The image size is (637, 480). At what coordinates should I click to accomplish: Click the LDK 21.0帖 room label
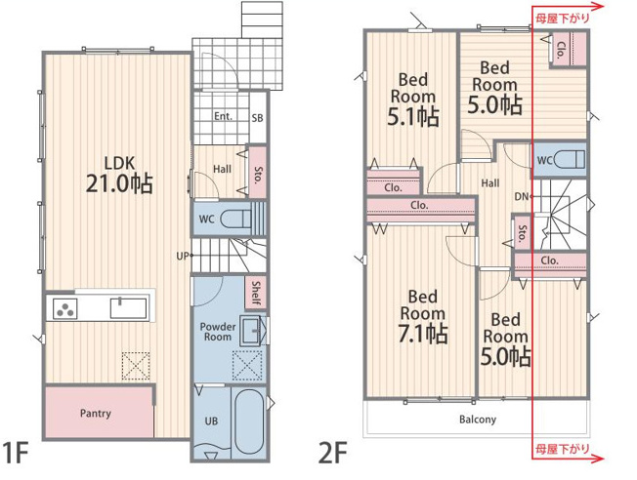coord(119,174)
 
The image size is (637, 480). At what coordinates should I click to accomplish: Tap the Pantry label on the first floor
coord(96,414)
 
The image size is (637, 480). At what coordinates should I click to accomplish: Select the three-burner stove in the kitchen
coord(65,308)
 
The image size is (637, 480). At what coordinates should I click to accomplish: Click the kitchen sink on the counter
coord(128,308)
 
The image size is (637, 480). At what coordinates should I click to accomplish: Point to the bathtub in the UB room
coord(249,422)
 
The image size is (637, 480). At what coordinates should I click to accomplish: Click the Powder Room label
coord(218,332)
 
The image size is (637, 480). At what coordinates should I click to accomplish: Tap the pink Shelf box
coord(256,293)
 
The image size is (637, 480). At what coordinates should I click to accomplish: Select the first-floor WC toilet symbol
coord(235,220)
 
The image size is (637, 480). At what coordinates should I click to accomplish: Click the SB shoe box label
coord(257,118)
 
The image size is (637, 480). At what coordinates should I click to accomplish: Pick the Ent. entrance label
coord(224,116)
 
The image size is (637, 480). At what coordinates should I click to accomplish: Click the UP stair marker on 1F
coord(184,256)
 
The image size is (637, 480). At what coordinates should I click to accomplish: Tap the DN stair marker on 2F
coord(524,197)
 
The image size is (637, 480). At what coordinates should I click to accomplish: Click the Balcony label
coord(478,420)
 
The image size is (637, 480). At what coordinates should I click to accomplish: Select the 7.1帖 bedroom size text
coord(423,335)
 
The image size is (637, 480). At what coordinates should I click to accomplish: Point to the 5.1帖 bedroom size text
coord(413,116)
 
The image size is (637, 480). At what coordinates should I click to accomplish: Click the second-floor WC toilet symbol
coord(570,160)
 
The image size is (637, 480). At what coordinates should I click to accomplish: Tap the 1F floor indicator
coord(15,453)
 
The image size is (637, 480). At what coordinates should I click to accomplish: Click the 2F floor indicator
coord(333,453)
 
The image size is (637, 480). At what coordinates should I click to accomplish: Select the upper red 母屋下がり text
coord(562,19)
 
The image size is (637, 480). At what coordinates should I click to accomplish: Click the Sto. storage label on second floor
coord(522,233)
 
